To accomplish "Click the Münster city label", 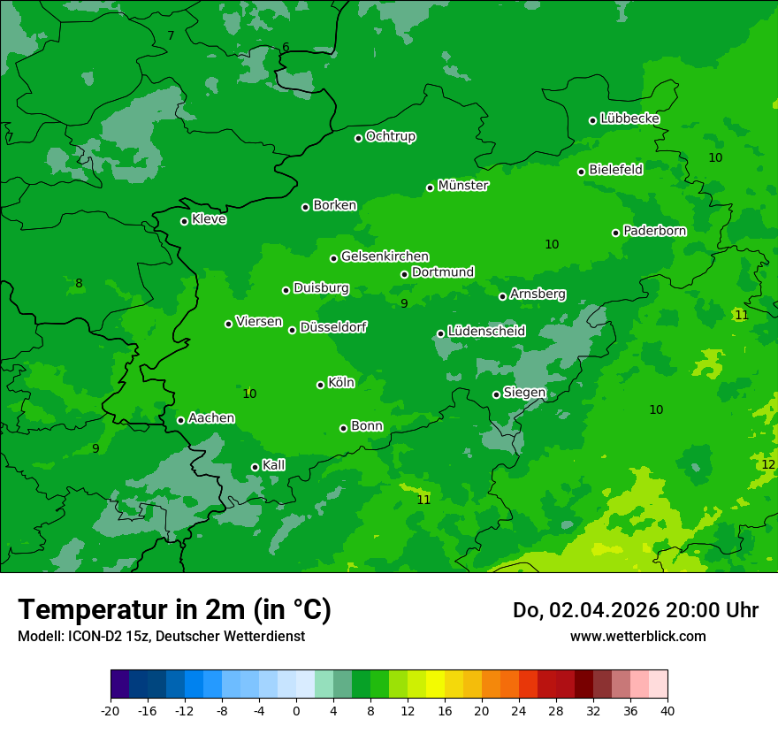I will tap(463, 186).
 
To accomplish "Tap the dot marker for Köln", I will tap(321, 385).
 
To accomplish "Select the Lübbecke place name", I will tap(629, 119).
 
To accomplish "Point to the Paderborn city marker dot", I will tap(616, 233).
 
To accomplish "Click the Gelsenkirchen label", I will tap(385, 256).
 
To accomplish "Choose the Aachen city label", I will tap(211, 418).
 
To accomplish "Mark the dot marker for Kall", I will tap(256, 467).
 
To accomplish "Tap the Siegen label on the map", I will tap(524, 393).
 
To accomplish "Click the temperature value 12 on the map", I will tap(768, 464).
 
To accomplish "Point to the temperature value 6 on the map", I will tap(286, 47).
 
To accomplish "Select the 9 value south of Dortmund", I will tap(404, 303).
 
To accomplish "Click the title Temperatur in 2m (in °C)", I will tap(174, 609).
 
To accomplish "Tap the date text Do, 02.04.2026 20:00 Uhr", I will tap(635, 610).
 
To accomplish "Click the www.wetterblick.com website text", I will tap(637, 636).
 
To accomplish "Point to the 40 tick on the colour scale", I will tap(667, 710).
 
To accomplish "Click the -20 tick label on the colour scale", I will tap(111, 710).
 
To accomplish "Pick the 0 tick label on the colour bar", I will tap(296, 710).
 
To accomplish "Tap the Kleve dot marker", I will tap(185, 221).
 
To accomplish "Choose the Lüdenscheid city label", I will tap(486, 332).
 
